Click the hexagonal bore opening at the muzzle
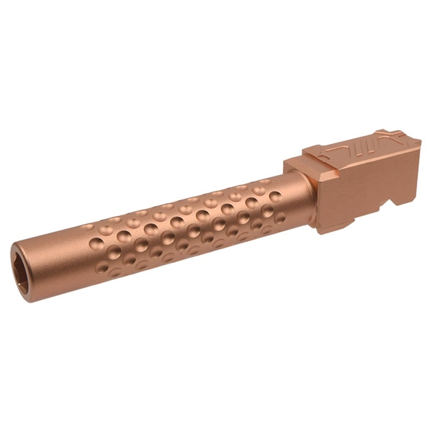[19, 268]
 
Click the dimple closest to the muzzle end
[87, 229]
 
